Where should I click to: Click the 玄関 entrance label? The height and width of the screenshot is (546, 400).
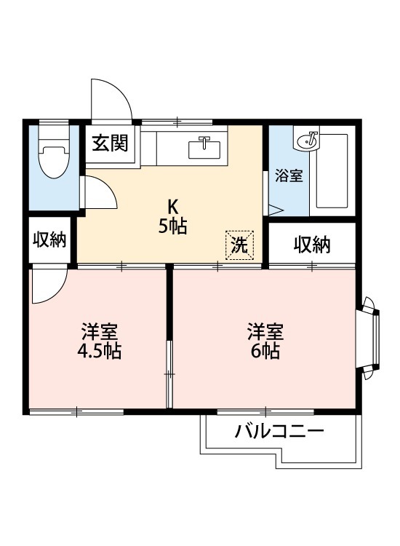(110, 143)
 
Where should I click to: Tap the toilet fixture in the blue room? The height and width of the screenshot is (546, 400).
(54, 152)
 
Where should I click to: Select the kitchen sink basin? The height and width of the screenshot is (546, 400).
(204, 149)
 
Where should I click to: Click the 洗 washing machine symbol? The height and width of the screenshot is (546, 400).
(240, 245)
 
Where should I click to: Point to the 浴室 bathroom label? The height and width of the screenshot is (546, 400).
(288, 175)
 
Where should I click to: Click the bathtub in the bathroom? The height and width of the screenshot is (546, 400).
(332, 170)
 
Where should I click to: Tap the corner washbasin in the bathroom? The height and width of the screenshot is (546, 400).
(306, 139)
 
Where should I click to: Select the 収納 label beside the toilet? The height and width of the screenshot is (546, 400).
(49, 240)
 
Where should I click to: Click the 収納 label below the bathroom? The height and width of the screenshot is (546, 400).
(312, 245)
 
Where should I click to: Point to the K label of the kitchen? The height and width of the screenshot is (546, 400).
(173, 207)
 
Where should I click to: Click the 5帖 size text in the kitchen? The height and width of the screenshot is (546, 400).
(173, 226)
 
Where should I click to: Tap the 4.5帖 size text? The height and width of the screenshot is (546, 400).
(99, 351)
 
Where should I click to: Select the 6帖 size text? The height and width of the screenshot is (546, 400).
(265, 351)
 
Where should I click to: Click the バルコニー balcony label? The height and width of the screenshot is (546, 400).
(279, 432)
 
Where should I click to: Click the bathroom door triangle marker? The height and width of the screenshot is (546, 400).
(276, 210)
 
